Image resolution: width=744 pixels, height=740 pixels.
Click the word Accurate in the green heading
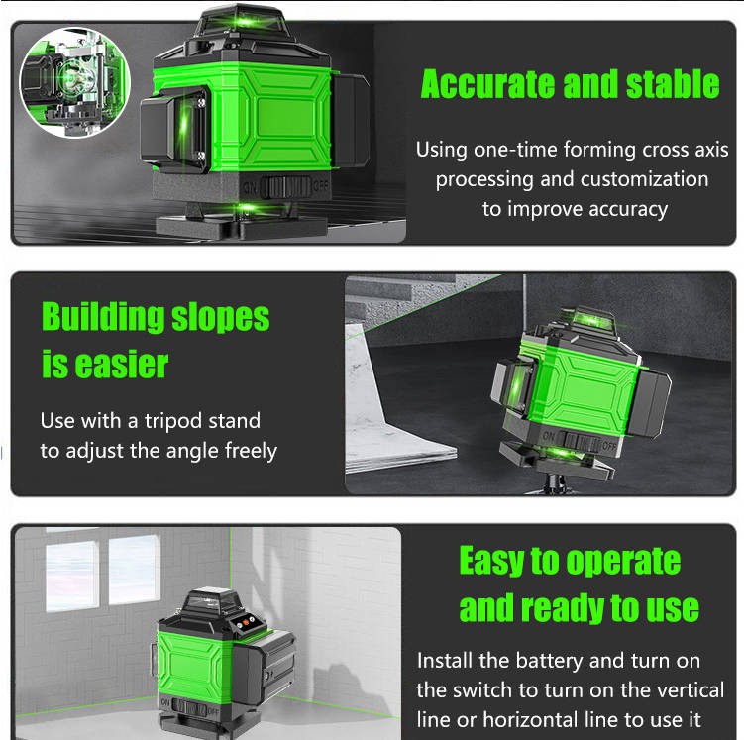487,84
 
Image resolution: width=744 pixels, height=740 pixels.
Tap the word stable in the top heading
673,84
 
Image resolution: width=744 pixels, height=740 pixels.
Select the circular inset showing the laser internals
75,81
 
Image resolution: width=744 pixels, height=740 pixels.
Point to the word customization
644,179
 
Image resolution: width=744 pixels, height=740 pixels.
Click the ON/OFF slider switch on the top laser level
286,187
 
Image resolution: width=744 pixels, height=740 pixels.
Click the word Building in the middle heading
103,317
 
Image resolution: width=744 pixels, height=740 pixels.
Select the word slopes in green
220,318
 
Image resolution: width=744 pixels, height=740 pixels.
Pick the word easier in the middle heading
122,365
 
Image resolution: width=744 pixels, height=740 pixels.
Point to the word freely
251,451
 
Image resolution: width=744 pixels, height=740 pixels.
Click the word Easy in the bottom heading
491,562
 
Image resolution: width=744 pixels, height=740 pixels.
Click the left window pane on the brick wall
72,578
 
